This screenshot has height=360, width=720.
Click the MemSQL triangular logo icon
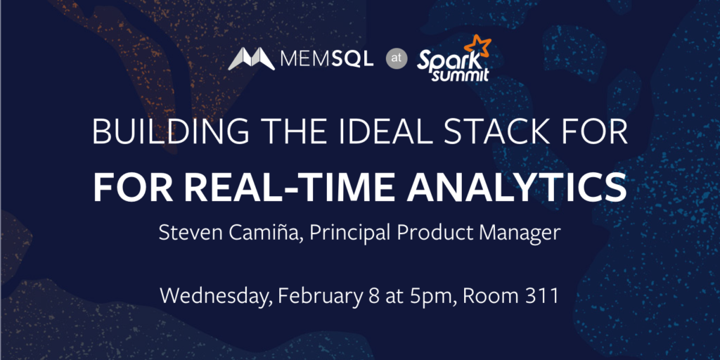pos(252,59)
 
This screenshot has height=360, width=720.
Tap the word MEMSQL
pos(326,59)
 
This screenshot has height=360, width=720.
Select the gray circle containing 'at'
pos(397,59)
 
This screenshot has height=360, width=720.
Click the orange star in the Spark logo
pos(477,46)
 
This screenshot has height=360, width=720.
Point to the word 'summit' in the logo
pos(460,75)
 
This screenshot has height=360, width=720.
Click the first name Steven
pos(185,233)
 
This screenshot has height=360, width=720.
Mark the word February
pos(319,297)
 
